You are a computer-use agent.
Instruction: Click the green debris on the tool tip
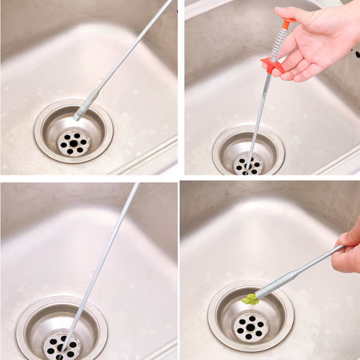[x=250, y=299]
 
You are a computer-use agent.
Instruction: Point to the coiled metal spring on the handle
[x=279, y=45]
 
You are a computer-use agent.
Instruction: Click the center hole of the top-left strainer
[x=73, y=143]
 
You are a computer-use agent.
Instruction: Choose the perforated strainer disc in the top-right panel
[x=248, y=165]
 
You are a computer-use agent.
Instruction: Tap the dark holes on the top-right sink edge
[x=356, y=54]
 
